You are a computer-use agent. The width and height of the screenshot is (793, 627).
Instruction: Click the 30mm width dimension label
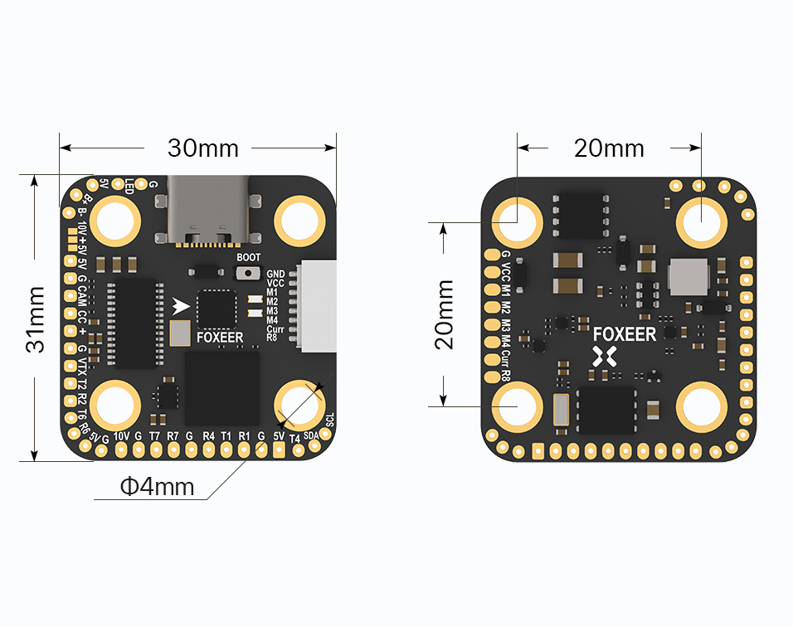pyautogui.click(x=202, y=148)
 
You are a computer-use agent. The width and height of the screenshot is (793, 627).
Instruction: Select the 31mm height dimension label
pyautogui.click(x=36, y=318)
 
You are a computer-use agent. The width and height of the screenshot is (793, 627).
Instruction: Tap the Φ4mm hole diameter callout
pyautogui.click(x=157, y=486)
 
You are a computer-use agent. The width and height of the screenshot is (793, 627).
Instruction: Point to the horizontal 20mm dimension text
pyautogui.click(x=609, y=148)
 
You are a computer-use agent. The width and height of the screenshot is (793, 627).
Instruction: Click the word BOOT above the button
pyautogui.click(x=248, y=258)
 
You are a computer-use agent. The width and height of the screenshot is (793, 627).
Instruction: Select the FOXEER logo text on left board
pyautogui.click(x=220, y=338)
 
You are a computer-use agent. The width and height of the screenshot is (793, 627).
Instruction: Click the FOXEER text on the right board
pyautogui.click(x=625, y=335)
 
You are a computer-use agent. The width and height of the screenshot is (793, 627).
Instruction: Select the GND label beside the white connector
pyautogui.click(x=275, y=274)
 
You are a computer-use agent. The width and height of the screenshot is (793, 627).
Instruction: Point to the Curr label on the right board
pyautogui.click(x=506, y=358)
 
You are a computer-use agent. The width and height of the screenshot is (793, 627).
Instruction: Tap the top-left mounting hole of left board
pyautogui.click(x=114, y=221)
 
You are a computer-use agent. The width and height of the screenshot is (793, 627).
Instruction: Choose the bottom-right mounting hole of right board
pyautogui.click(x=702, y=407)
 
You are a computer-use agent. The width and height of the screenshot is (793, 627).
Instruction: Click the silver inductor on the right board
pyautogui.click(x=688, y=276)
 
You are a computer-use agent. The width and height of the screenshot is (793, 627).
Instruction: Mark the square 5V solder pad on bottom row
pyautogui.click(x=278, y=450)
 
